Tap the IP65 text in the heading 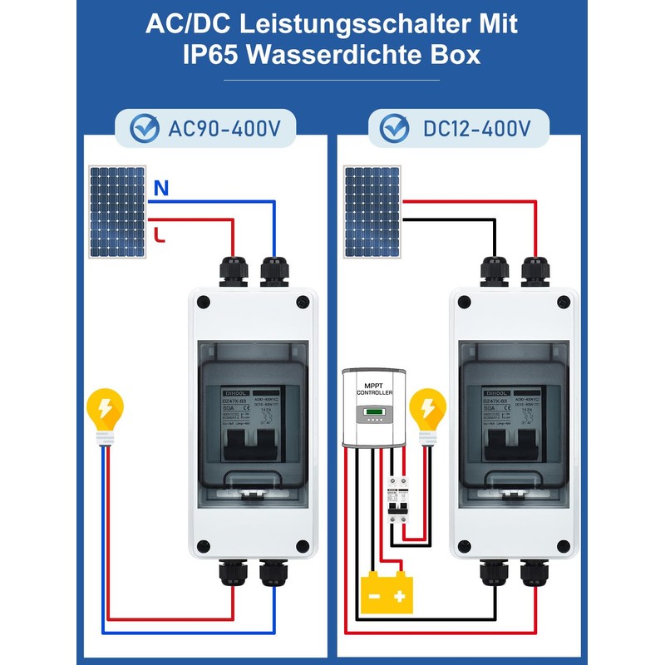219,55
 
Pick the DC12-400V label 477,128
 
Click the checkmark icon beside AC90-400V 146,128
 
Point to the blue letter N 161,189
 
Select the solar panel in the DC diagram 372,212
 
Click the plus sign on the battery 400,596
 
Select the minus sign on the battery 375,596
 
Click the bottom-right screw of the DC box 563,546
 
